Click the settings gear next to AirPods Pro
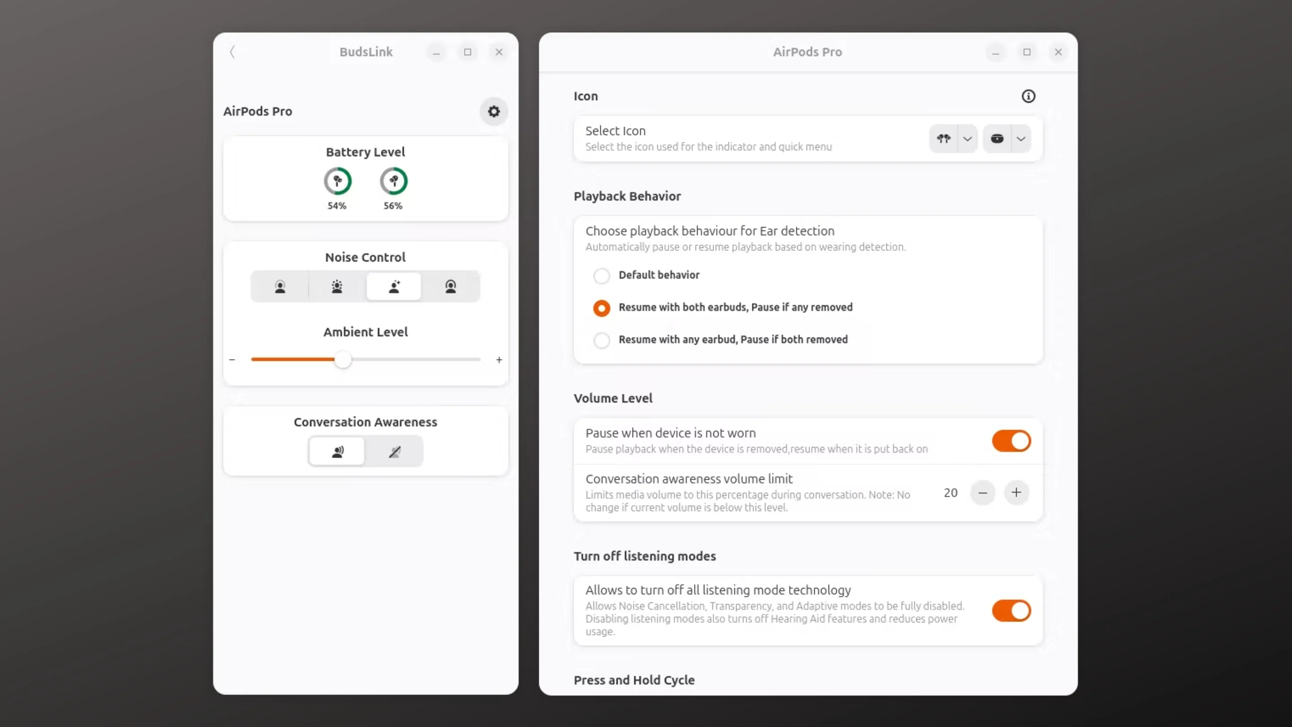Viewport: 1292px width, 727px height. pos(493,111)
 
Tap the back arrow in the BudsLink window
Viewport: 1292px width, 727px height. pos(232,52)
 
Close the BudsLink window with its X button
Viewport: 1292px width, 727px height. pos(498,52)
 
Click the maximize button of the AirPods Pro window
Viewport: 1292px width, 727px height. pos(1027,52)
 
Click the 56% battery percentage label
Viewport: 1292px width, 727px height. pos(393,206)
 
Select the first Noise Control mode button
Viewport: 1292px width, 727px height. pos(280,286)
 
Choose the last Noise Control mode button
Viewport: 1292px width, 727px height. pos(450,286)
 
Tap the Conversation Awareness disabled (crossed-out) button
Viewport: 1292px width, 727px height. pos(394,451)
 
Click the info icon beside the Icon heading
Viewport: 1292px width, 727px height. pos(1028,96)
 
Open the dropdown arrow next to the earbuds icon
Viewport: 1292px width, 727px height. pos(967,139)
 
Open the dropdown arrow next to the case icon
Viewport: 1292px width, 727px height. pos(1021,139)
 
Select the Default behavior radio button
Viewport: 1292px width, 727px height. pos(601,276)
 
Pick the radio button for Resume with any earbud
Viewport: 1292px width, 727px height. pos(601,340)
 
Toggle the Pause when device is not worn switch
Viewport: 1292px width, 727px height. pos(1011,441)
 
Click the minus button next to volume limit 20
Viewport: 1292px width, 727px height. pos(982,493)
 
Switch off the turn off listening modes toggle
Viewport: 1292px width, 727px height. pos(1011,611)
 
